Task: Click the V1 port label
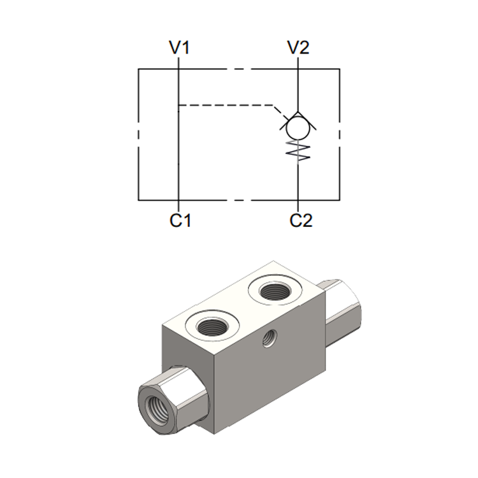pos(179,48)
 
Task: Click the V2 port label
pos(298,48)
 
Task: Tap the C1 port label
pos(180,221)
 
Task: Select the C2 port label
pos(301,221)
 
